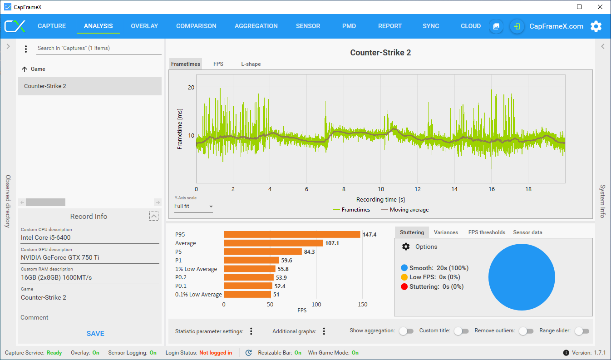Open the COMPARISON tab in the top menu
click(x=196, y=26)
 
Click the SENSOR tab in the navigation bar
click(x=308, y=26)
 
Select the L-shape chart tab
click(x=251, y=64)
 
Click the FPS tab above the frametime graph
click(x=218, y=64)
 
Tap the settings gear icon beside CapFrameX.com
click(x=596, y=26)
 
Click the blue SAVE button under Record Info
click(x=95, y=334)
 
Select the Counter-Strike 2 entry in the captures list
click(x=90, y=86)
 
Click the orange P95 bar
click(x=292, y=235)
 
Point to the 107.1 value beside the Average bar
click(x=332, y=243)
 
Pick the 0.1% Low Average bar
click(x=247, y=295)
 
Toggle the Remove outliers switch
click(x=526, y=331)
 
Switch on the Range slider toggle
click(x=582, y=331)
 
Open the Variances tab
click(x=446, y=232)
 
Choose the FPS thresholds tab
click(x=487, y=232)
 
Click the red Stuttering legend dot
click(x=404, y=286)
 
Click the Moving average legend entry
click(x=404, y=210)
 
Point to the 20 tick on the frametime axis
click(x=191, y=88)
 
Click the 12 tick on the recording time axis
click(x=418, y=189)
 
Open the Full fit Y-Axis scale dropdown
click(x=193, y=207)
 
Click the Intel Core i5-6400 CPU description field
click(x=90, y=237)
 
